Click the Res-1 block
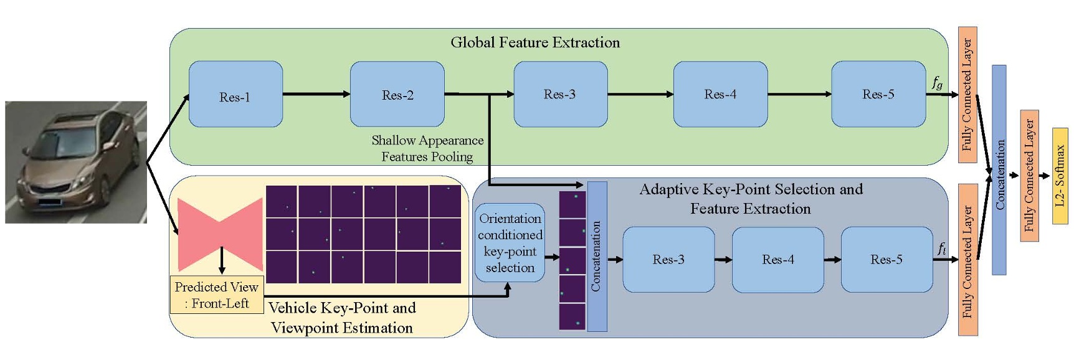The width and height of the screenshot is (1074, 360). pos(235,95)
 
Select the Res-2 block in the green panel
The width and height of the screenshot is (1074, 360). pos(397,95)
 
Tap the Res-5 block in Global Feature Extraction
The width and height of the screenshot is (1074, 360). pos(878,95)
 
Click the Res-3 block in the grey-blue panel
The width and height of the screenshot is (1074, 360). pos(668,260)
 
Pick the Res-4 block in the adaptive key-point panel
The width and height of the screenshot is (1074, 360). pos(777,260)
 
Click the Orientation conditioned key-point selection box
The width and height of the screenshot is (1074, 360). pos(510,243)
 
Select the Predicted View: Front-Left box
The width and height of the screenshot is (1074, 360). pos(216,295)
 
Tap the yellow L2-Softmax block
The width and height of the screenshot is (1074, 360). pos(1060,176)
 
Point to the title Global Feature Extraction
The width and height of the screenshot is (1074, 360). pos(535,42)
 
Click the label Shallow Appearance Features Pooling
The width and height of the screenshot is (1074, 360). pos(427,148)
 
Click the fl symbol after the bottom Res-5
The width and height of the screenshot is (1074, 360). pos(941,249)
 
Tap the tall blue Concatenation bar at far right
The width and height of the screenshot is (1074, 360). pos(999,169)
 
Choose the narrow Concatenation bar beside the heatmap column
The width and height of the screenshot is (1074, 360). pos(597,257)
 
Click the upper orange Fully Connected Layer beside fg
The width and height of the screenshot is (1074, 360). pos(967,95)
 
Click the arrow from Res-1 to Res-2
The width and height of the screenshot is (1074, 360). pos(316,94)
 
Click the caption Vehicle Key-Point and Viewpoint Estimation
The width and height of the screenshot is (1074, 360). pos(342,318)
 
